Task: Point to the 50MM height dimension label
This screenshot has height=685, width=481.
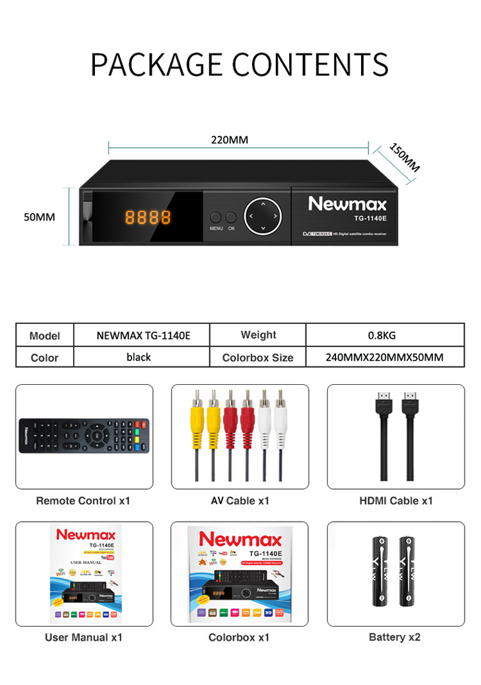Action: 39,217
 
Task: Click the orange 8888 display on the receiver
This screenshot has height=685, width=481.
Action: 148,217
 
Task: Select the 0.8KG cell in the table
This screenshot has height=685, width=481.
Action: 384,335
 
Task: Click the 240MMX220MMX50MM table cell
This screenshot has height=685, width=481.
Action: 384,357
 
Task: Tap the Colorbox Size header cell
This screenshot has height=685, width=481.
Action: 258,357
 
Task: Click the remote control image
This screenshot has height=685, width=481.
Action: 84,436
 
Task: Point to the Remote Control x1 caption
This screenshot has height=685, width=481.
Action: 83,500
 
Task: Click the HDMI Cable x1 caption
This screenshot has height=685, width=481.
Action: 396,500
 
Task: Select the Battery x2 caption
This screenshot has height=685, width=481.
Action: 395,637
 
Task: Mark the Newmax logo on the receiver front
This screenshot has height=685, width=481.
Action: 347,204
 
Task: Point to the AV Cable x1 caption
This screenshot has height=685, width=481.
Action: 240,500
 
